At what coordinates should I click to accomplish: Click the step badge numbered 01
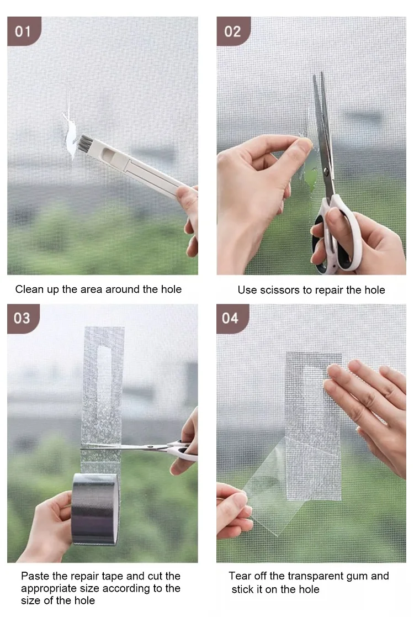(x=23, y=31)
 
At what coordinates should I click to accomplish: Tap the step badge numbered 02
(x=233, y=31)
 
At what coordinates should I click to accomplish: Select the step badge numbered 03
(x=23, y=319)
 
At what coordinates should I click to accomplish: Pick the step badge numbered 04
(x=231, y=319)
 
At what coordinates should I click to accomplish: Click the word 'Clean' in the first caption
(x=29, y=289)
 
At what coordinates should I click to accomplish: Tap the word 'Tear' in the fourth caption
(x=240, y=576)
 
